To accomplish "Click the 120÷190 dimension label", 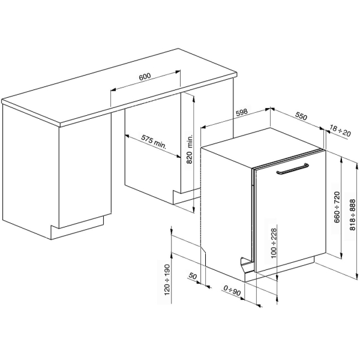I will pos(167,279).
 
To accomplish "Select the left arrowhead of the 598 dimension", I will pos(202,127).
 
